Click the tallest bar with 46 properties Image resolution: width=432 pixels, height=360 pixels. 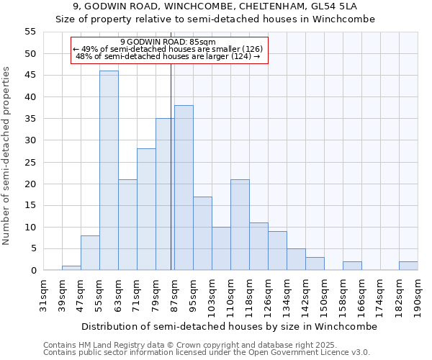[109, 171]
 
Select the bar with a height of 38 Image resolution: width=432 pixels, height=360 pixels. [184, 188]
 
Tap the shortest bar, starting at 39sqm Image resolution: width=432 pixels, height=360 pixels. [71, 268]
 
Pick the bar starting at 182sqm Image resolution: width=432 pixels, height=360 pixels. [408, 266]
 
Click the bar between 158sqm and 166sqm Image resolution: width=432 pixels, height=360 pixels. [352, 266]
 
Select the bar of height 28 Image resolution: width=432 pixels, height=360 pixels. [146, 210]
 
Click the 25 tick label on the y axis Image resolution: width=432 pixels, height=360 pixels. [30, 162]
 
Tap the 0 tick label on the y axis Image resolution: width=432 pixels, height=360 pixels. [33, 271]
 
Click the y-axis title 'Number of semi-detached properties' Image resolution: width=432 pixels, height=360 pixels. [6, 155]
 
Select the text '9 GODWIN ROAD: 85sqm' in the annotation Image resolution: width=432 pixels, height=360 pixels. [168, 42]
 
